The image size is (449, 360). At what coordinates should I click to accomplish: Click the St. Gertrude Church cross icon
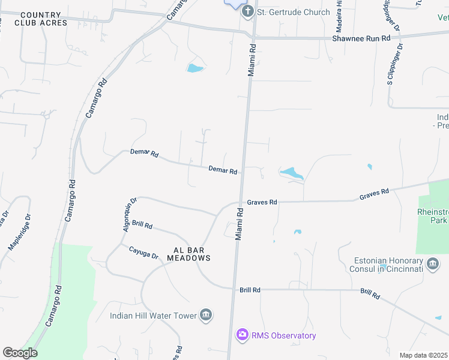(247, 12)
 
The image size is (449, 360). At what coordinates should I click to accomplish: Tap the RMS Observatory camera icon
(242, 335)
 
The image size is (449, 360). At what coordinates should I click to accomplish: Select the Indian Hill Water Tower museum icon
(206, 316)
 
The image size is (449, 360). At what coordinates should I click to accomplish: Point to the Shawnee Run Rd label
(361, 38)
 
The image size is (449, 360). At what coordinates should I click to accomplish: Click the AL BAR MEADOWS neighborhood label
(184, 253)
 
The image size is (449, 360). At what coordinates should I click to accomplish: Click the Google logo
(20, 352)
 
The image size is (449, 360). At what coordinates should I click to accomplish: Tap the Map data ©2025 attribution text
(423, 355)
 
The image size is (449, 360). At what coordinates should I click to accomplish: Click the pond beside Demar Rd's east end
(292, 174)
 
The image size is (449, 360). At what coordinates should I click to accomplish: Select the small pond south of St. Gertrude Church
(195, 68)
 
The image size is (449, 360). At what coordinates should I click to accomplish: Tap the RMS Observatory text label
(283, 335)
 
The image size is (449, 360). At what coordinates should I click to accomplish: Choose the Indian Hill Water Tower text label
(153, 316)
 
